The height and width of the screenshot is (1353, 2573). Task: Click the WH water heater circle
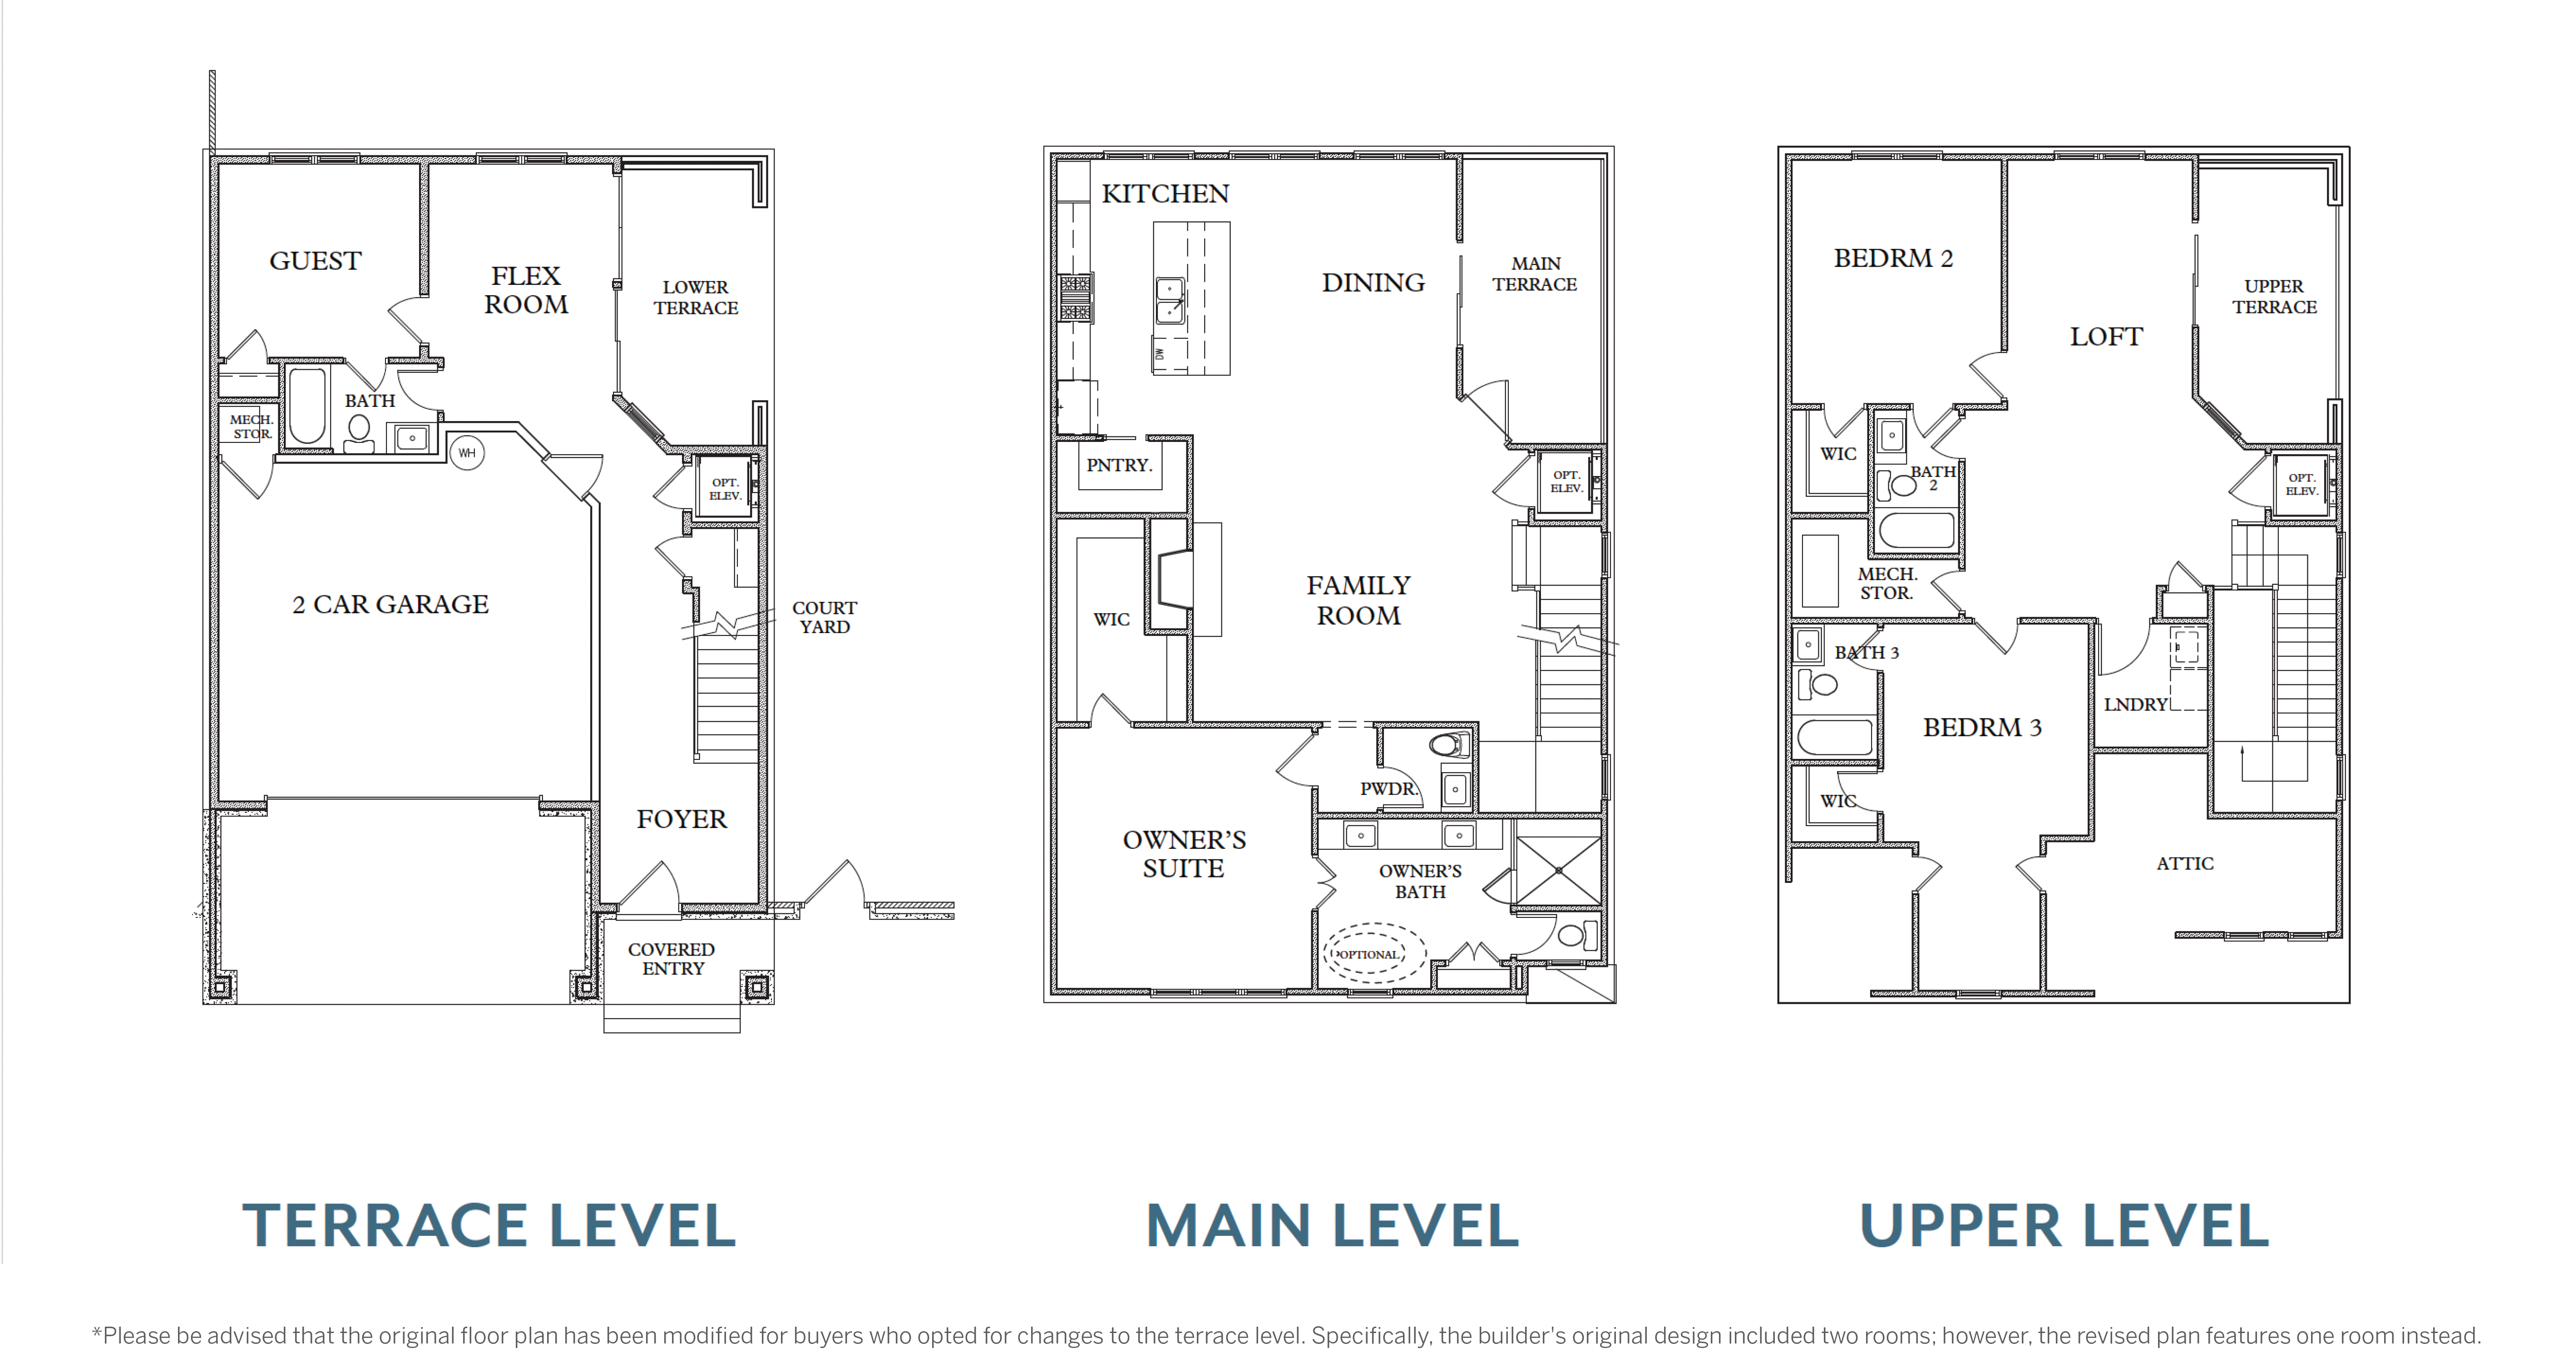(466, 453)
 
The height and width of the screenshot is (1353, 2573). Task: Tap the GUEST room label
(316, 261)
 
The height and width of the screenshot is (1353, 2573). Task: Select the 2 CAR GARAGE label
(390, 605)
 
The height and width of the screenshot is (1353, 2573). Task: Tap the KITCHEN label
(1166, 194)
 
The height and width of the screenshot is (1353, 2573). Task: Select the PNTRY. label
(1120, 466)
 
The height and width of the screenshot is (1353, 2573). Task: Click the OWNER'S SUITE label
(1185, 854)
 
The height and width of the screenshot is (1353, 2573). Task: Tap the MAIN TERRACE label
(1535, 274)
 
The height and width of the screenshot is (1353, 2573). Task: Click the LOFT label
(2107, 337)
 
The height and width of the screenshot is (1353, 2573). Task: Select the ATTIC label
(2185, 863)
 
